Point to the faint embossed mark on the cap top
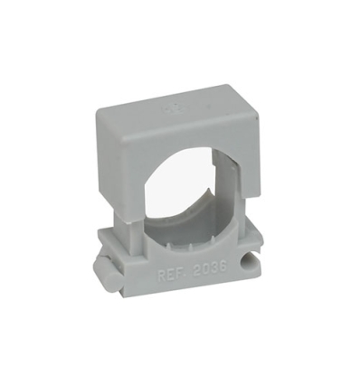pos(168,108)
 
